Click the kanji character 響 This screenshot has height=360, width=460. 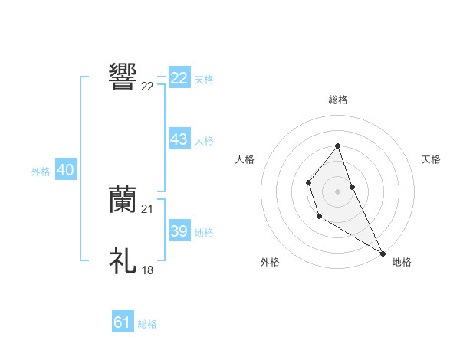123,77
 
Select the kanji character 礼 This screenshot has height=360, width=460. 123,260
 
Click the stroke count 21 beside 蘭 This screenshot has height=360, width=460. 148,209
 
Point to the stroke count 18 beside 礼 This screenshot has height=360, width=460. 148,270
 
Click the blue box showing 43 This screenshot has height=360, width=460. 179,139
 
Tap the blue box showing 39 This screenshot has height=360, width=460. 179,231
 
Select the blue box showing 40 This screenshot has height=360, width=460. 65,170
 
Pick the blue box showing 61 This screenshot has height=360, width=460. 122,322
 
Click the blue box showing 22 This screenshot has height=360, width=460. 179,78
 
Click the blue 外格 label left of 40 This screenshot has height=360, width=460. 41,172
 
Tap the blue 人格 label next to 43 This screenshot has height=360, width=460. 204,141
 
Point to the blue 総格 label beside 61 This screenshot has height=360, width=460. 147,324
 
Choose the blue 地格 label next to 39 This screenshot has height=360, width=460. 204,233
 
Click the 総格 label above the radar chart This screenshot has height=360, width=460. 338,100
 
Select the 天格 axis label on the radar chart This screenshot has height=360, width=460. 432,159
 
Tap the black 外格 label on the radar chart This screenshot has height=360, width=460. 270,262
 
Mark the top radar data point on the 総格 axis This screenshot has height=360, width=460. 337,146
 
